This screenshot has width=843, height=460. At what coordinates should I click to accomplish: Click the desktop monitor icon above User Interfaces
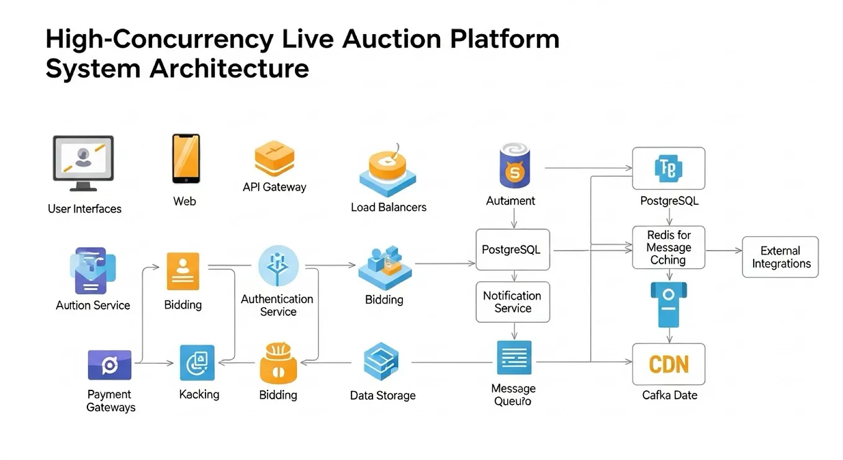(83, 163)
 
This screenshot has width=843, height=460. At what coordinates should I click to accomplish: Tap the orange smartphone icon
(186, 158)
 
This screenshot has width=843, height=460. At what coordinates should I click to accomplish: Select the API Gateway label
(274, 187)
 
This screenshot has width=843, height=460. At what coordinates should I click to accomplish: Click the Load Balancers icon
(387, 170)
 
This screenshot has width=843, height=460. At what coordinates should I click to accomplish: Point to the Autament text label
(510, 201)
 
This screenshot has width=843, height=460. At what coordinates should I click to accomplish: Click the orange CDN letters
(669, 364)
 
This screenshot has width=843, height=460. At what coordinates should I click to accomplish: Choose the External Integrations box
(780, 257)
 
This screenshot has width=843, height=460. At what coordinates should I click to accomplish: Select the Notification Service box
(513, 302)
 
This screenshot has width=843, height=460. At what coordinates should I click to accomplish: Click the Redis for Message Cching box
(669, 247)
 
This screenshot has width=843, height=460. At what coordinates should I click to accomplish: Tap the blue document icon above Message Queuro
(514, 358)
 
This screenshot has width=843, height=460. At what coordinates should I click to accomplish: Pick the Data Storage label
(383, 395)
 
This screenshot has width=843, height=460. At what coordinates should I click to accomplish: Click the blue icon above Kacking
(197, 363)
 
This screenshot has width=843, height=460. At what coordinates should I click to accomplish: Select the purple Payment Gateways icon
(109, 365)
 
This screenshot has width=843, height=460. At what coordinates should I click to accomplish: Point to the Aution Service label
(93, 305)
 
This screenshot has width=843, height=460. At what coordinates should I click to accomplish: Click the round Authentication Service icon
(278, 266)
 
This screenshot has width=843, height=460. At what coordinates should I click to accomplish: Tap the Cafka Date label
(670, 395)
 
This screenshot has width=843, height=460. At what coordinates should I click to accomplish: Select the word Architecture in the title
(229, 69)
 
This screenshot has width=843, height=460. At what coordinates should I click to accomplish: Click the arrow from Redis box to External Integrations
(724, 250)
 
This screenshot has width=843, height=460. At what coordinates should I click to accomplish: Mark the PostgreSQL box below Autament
(513, 250)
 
